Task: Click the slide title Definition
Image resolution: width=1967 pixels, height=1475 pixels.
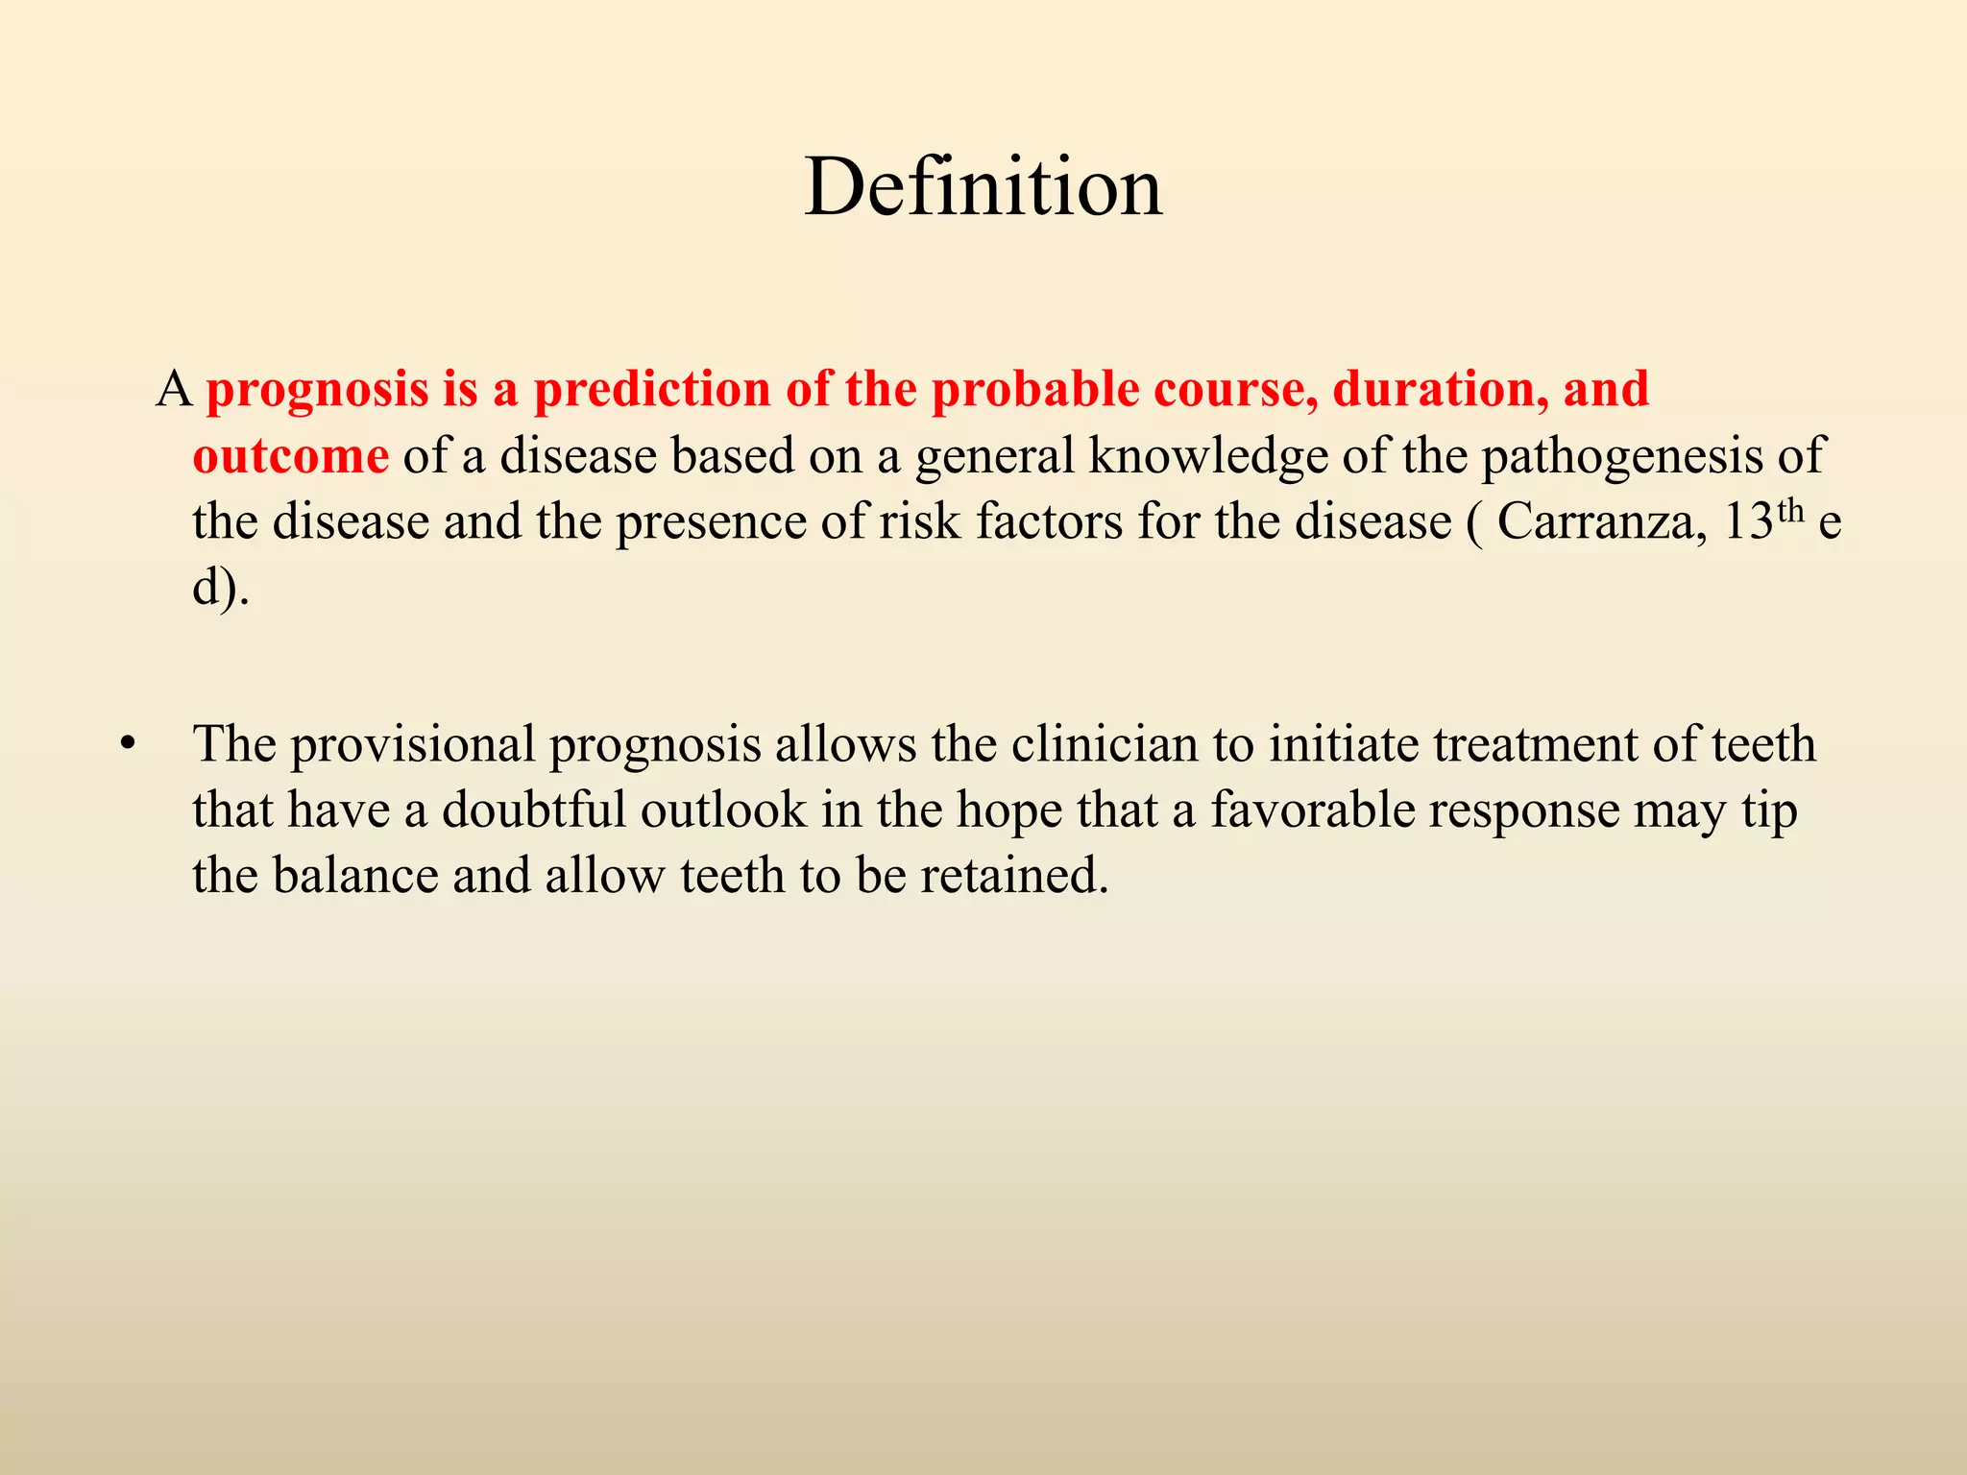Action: [983, 187]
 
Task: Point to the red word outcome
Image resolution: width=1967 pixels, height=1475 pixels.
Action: [290, 456]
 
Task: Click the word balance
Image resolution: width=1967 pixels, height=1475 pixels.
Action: [354, 876]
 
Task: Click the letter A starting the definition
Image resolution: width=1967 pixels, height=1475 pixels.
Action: [174, 390]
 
